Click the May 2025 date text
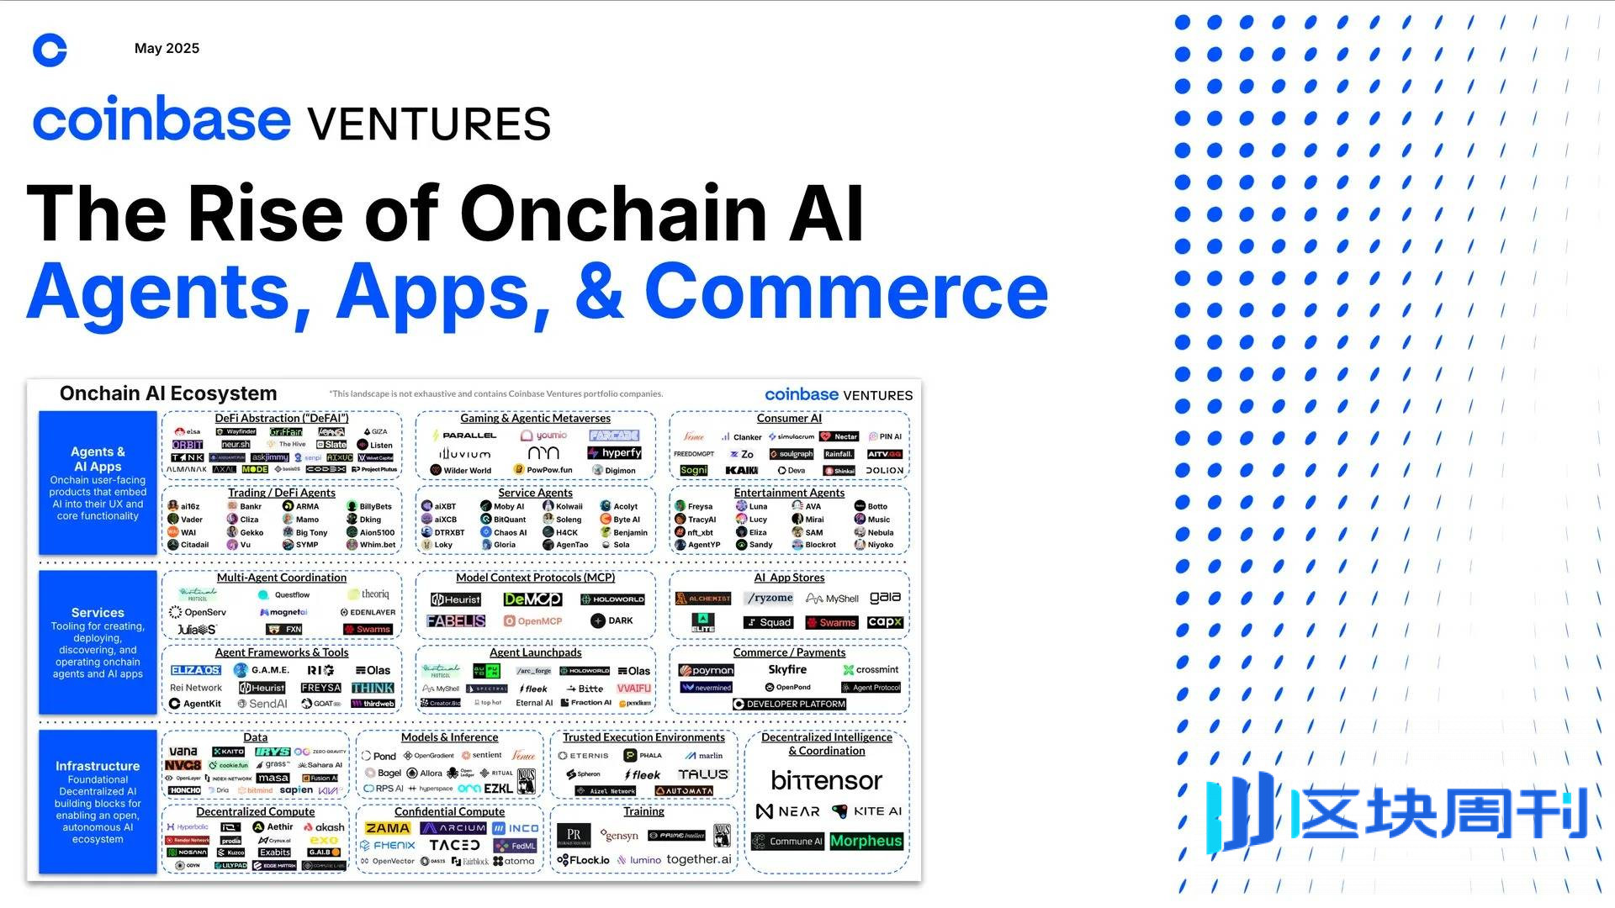(167, 49)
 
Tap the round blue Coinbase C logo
(50, 50)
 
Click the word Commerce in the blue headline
(846, 291)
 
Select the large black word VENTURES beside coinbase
(429, 124)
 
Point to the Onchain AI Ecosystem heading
(168, 393)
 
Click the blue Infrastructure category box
(98, 801)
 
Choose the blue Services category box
(98, 642)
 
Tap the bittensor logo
(826, 781)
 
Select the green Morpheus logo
(866, 841)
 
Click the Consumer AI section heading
(789, 418)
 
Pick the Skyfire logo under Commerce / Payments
(787, 669)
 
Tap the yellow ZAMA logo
(388, 828)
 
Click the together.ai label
(699, 859)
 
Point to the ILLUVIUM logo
(465, 453)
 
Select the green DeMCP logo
(532, 599)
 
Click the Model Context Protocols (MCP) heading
(535, 578)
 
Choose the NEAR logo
(788, 811)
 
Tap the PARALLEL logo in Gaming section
(464, 436)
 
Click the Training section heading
(643, 811)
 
